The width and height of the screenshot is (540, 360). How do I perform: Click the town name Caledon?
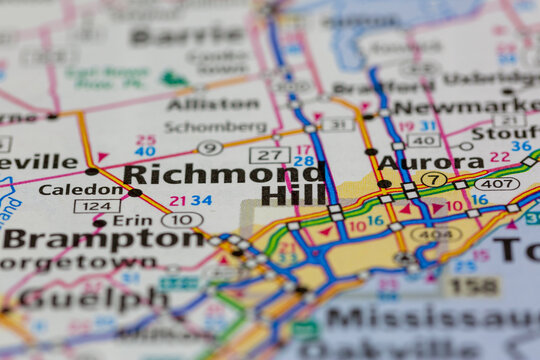pos(67,189)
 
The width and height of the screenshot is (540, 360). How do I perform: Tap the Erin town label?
pos(132,220)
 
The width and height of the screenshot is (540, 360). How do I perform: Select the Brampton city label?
pos(69,239)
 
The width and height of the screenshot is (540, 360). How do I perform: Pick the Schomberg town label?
pos(215,127)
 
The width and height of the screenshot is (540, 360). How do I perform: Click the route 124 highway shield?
pos(96,206)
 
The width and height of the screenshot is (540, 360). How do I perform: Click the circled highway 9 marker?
pos(209,148)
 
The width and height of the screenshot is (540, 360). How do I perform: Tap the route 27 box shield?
pos(269,154)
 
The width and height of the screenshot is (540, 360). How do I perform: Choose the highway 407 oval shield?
pos(496,184)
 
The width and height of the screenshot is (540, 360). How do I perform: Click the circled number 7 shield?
pos(433,180)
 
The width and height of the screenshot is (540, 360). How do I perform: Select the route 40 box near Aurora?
pos(423,141)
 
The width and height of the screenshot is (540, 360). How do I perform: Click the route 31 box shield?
pos(337,124)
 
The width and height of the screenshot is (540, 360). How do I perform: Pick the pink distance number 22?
pos(499,157)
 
